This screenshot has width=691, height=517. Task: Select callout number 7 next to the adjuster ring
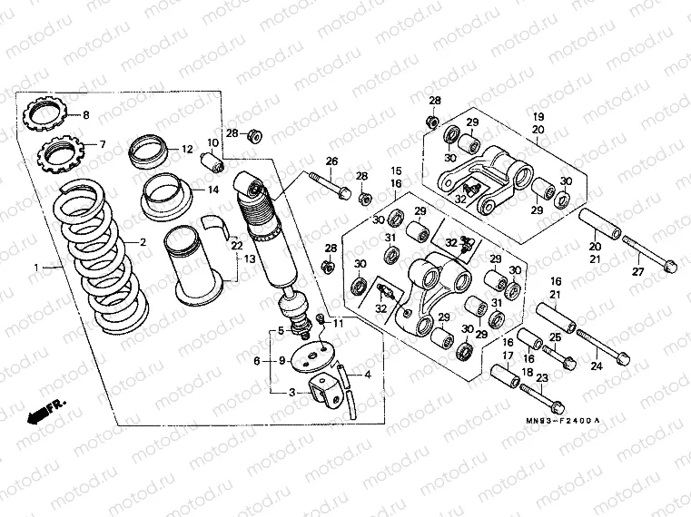click(x=103, y=144)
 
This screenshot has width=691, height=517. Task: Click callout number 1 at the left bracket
click(x=37, y=268)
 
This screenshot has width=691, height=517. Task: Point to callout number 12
click(x=186, y=149)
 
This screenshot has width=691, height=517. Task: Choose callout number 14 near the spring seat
click(x=213, y=190)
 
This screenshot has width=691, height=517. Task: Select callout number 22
click(x=235, y=246)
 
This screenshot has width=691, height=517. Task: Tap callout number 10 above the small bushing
click(x=213, y=142)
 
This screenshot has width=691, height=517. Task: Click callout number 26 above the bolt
click(x=332, y=161)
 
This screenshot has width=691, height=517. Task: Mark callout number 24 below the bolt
click(x=597, y=366)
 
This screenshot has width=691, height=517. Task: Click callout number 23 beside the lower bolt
click(x=542, y=378)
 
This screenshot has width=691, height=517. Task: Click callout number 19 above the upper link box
click(x=538, y=117)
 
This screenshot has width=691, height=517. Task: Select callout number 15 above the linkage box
click(x=396, y=171)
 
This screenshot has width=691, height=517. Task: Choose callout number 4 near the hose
click(x=368, y=374)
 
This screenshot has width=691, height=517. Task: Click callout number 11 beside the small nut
click(x=339, y=323)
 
